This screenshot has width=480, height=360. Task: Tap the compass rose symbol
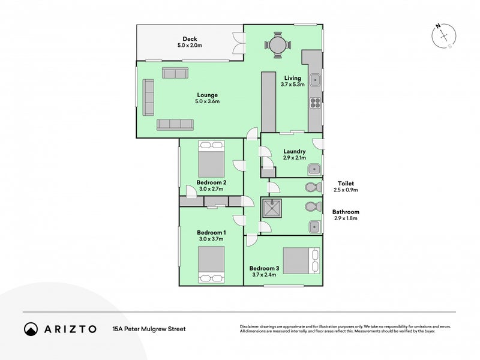443,36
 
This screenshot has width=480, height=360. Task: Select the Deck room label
190,39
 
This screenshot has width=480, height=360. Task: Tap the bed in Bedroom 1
211,264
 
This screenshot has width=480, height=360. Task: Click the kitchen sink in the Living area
315,79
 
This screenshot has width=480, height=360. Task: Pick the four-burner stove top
315,103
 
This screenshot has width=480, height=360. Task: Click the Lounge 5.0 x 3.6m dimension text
207,101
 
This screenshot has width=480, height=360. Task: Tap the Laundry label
295,151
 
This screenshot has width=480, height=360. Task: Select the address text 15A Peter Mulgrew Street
149,329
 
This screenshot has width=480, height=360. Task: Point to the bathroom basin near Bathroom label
314,226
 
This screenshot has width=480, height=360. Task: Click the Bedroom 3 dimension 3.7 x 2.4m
264,275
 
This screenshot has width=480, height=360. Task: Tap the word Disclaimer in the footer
252,326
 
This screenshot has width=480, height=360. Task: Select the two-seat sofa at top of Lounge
175,73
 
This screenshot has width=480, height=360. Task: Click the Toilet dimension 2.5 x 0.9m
346,190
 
